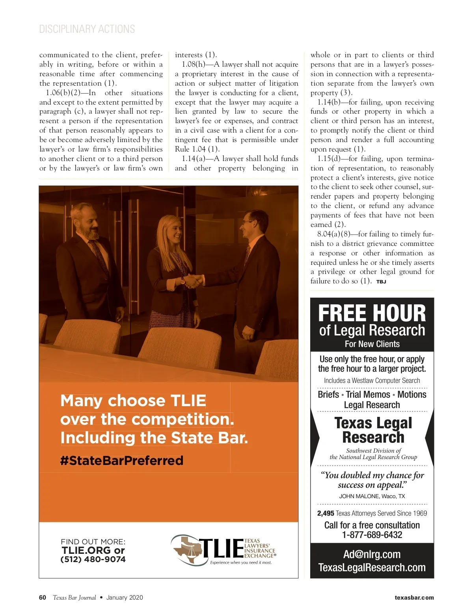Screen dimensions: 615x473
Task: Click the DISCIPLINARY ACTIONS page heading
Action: click(87, 29)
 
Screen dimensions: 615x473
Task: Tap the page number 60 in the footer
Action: click(43, 598)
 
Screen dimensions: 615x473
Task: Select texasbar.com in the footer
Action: click(414, 598)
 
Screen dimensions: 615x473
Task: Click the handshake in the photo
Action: click(194, 281)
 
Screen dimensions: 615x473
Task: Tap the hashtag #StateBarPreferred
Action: click(122, 461)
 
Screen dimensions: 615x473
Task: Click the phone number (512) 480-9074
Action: click(93, 559)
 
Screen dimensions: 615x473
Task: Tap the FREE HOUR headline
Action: click(372, 313)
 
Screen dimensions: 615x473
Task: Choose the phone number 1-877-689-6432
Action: click(372, 535)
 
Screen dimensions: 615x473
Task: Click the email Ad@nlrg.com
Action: click(372, 554)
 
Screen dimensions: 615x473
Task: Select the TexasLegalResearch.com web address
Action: click(372, 568)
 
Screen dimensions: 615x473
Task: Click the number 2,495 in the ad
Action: click(326, 513)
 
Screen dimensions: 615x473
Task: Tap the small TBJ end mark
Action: click(381, 282)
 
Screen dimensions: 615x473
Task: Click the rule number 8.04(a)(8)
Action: click(333, 234)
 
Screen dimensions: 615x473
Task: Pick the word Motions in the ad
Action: click(412, 394)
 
